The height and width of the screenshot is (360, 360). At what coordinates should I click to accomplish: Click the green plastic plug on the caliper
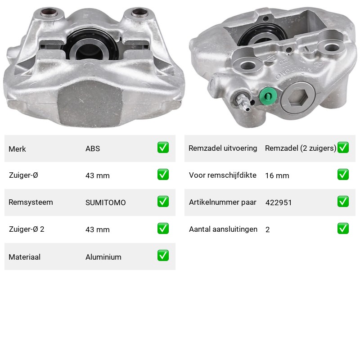[x=268, y=96]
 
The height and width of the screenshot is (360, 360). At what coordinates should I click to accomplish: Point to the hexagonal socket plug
[x=298, y=98]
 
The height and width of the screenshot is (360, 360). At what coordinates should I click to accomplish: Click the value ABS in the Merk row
[x=93, y=148]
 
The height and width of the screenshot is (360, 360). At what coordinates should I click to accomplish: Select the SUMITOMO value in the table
[x=106, y=202]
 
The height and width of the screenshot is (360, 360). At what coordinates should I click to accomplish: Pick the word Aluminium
[x=103, y=257]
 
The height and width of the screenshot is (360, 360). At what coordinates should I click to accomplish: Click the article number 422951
[x=279, y=202]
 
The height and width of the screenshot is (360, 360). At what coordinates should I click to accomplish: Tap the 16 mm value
[x=277, y=175]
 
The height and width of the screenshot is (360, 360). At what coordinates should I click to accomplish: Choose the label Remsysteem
[x=31, y=202]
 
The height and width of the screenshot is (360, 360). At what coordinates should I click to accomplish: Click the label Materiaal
[x=25, y=257]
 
